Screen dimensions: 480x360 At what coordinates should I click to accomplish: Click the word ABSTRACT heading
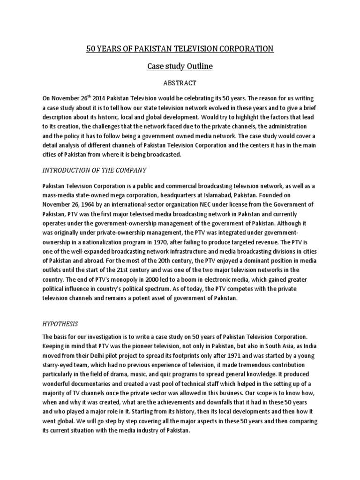tap(180, 83)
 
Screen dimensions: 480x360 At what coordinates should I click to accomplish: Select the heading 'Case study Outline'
tap(180, 66)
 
